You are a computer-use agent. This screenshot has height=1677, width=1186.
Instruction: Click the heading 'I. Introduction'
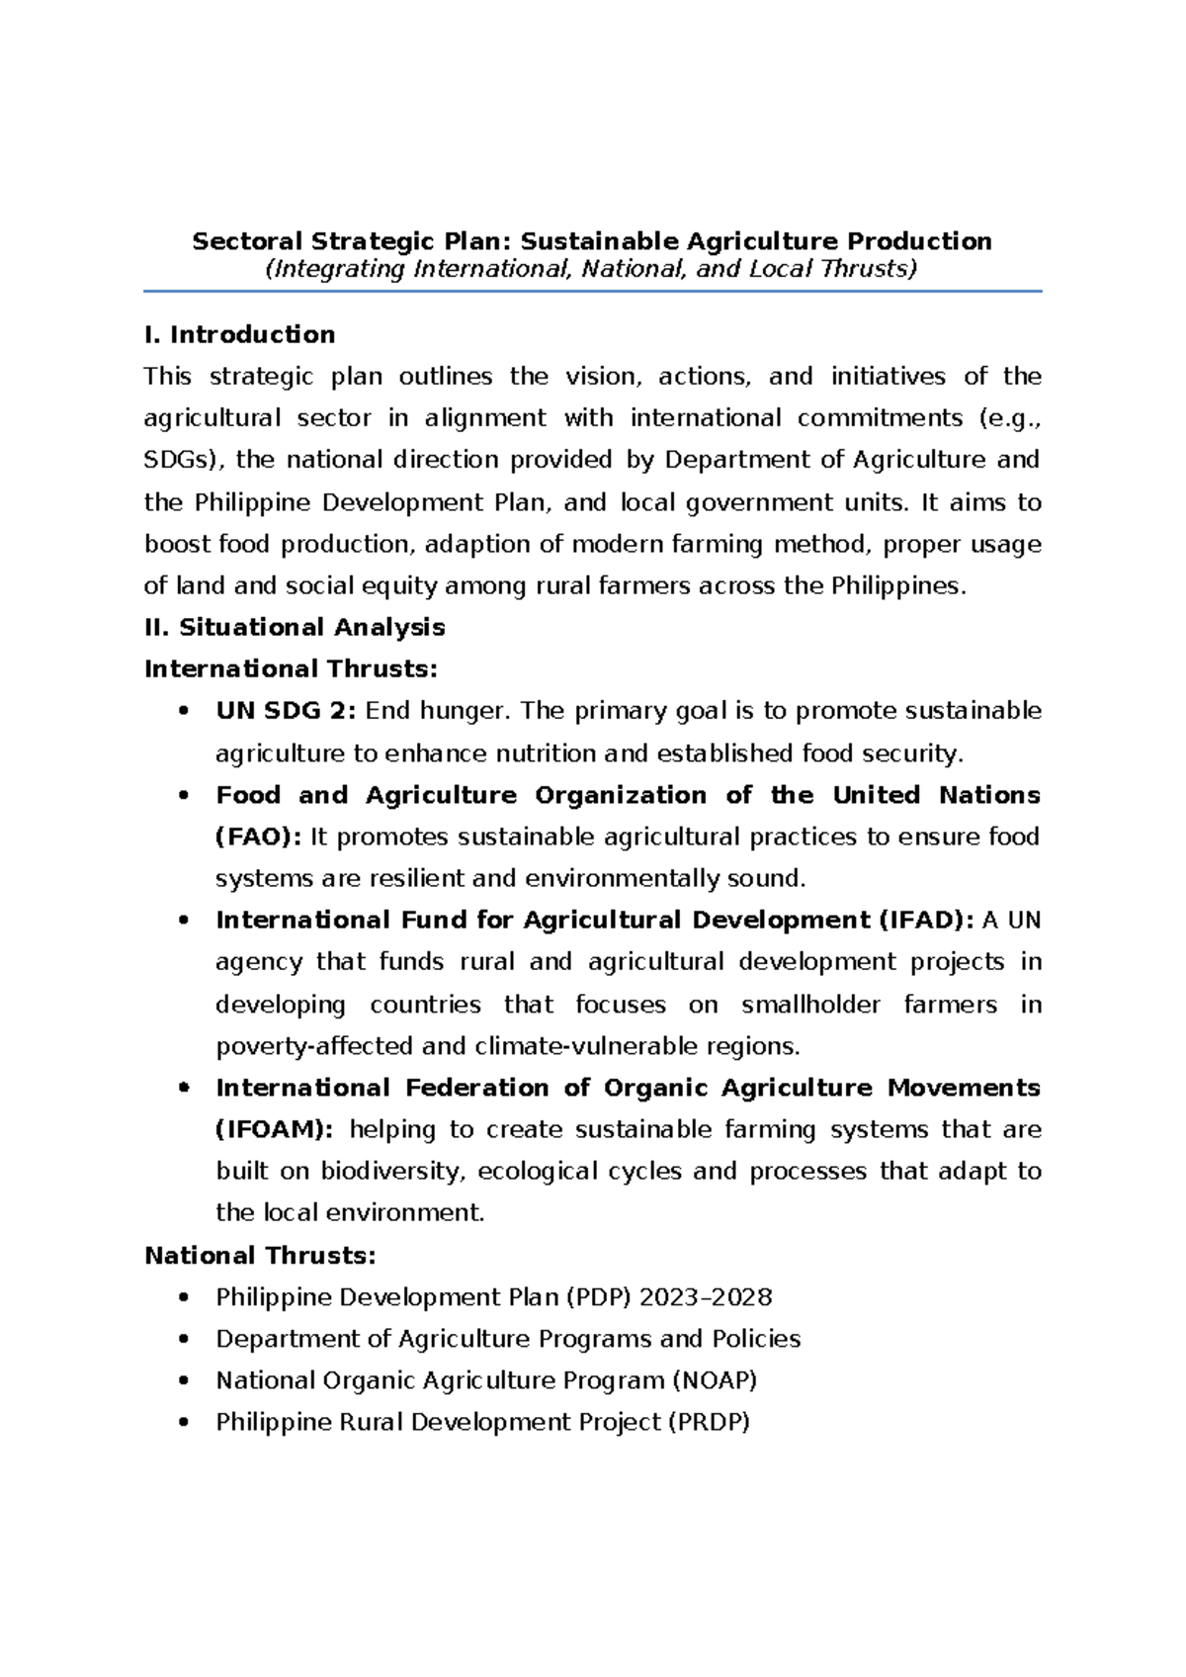pos(239,335)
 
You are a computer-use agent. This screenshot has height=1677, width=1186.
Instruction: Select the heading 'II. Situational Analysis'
pos(295,628)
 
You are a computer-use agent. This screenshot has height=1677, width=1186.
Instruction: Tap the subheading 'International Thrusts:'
pos(291,669)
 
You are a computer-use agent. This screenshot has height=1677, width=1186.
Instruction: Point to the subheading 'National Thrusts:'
pos(260,1256)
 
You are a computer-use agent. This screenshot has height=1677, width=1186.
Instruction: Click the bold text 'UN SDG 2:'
pos(285,711)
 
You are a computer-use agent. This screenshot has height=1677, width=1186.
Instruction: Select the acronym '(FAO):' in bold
pos(258,838)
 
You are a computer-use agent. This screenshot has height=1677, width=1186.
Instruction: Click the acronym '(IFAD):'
pos(925,921)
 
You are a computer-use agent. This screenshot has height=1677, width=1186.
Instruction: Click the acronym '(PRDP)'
pos(709,1423)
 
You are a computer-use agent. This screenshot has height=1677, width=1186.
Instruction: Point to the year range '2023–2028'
pos(707,1297)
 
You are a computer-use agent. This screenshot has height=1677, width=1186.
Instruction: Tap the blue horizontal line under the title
pos(593,292)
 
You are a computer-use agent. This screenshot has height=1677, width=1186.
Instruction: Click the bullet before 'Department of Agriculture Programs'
pos(183,1340)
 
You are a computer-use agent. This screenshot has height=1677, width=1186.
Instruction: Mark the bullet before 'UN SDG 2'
pos(183,712)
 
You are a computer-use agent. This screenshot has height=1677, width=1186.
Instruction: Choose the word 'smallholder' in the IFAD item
pos(810,1005)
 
